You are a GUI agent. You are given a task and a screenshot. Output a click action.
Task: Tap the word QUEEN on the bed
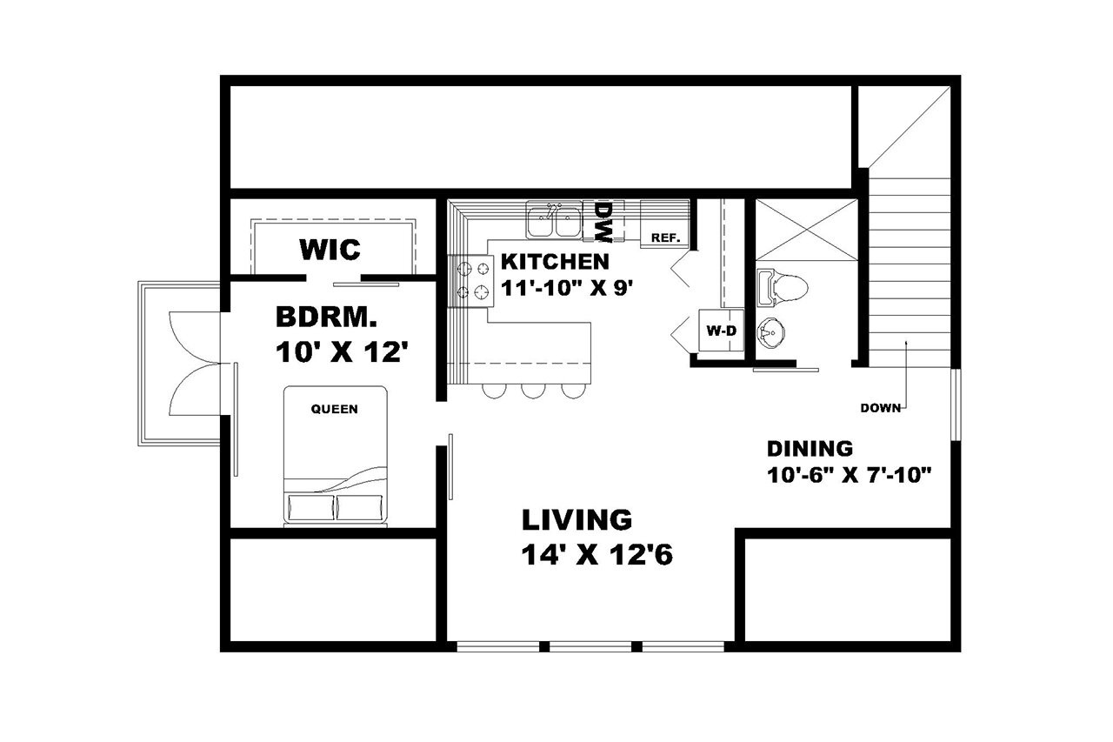tap(335, 409)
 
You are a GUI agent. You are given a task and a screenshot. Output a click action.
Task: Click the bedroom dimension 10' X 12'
tap(342, 352)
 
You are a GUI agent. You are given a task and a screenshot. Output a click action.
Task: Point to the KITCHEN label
tap(554, 261)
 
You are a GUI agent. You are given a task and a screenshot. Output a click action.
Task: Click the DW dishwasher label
tap(603, 222)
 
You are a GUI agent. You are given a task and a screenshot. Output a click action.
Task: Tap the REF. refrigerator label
tap(664, 237)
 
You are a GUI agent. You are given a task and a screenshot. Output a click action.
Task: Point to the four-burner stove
tap(470, 281)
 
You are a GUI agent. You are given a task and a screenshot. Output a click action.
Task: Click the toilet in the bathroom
tap(783, 288)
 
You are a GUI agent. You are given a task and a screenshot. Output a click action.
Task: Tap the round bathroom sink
tap(770, 331)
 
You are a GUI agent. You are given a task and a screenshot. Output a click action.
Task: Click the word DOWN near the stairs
tap(880, 408)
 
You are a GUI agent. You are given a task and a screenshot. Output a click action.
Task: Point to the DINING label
tap(809, 449)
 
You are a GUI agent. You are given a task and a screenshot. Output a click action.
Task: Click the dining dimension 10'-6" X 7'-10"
tap(850, 475)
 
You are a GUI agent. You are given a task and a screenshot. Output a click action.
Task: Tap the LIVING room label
tap(576, 520)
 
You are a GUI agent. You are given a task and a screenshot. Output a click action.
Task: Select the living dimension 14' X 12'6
tap(599, 555)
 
